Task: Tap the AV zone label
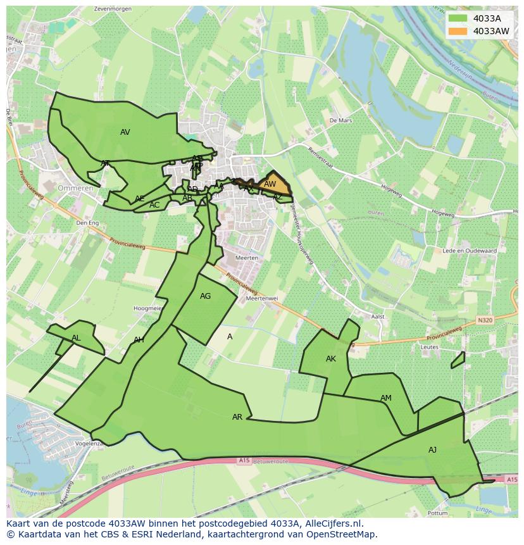125,132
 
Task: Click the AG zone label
205,296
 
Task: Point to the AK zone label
330,359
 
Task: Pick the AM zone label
385,398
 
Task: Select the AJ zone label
432,450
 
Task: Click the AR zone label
237,417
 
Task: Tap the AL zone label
76,338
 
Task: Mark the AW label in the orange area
270,184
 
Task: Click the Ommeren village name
75,189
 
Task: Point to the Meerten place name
246,258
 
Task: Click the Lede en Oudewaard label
470,251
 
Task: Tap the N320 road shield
485,320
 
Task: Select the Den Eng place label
87,223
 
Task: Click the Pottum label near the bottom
437,513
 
